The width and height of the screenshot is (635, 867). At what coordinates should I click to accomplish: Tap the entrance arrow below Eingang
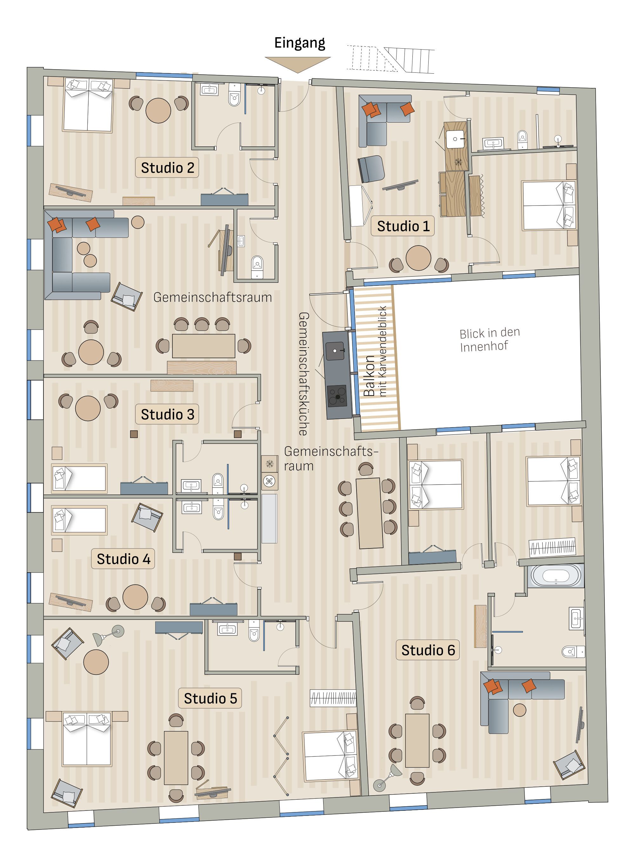(x=297, y=64)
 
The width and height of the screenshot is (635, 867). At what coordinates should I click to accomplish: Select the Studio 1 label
(x=403, y=226)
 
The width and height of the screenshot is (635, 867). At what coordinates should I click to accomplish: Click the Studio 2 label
(x=167, y=168)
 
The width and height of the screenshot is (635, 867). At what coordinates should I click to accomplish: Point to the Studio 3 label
(x=167, y=414)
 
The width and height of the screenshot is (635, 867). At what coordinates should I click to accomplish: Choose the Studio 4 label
(x=123, y=559)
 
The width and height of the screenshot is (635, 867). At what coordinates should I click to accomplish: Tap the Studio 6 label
(x=428, y=650)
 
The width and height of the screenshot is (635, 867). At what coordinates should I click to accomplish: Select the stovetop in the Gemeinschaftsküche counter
(x=337, y=396)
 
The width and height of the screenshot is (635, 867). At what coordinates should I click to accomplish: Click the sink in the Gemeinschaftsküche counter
(x=335, y=351)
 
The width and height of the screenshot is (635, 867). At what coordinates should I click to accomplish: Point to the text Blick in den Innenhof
(x=489, y=339)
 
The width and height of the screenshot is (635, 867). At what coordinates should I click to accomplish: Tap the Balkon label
(x=369, y=376)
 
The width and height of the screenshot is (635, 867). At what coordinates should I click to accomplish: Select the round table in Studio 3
(x=88, y=408)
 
